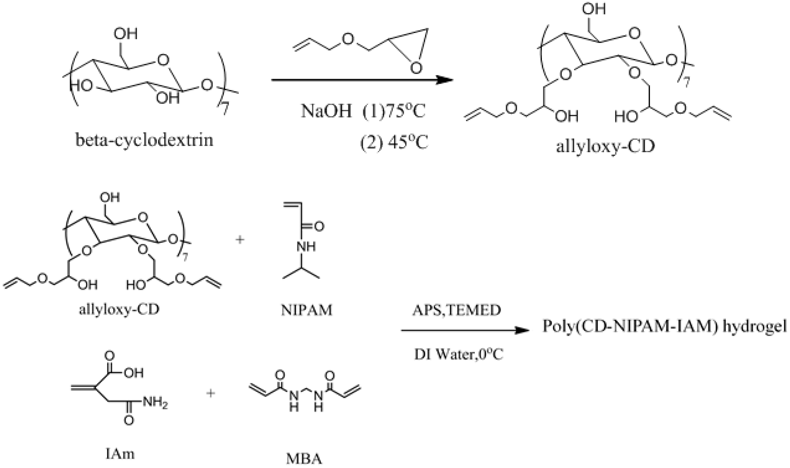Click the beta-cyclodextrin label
(144, 140)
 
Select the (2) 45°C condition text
(394, 143)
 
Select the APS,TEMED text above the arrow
(457, 310)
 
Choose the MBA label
(304, 459)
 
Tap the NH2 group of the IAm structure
(155, 402)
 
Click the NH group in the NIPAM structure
(306, 246)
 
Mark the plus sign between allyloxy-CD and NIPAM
(240, 240)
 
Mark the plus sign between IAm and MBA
(211, 393)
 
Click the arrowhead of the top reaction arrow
(445, 80)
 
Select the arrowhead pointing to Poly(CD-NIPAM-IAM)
(522, 330)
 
